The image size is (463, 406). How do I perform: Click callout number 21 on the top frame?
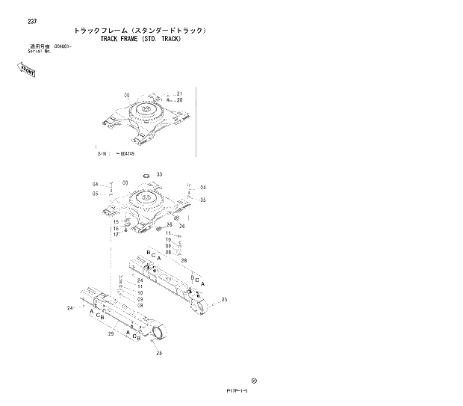pyautogui.click(x=179, y=93)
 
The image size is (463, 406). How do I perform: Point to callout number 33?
pyautogui.click(x=159, y=174)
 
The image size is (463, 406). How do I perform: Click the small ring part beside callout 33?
pyautogui.click(x=147, y=176)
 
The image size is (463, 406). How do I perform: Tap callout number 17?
pyautogui.click(x=116, y=235)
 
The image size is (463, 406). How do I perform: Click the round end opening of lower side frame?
pyautogui.click(x=158, y=333)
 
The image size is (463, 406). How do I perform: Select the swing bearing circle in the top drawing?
pyautogui.click(x=145, y=114)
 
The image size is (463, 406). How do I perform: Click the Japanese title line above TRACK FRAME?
pyautogui.click(x=140, y=31)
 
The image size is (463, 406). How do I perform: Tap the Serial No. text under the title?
pyautogui.click(x=40, y=51)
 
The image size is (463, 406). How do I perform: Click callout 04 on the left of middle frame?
pyautogui.click(x=95, y=184)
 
